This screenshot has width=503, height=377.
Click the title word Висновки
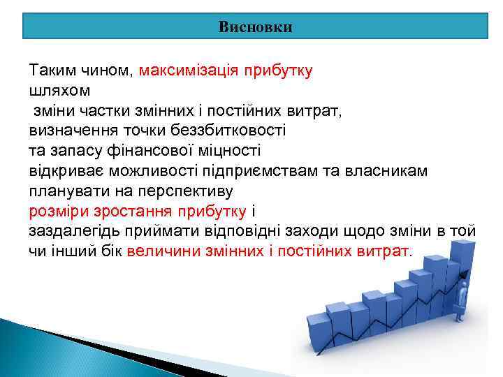click(x=255, y=27)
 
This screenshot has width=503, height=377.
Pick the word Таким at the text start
click(x=50, y=71)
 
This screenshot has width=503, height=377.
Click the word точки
click(x=139, y=131)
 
